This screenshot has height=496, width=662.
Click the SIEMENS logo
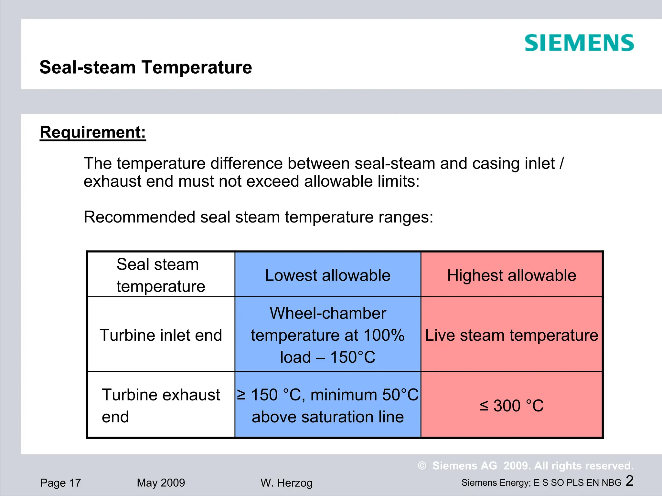[579, 43]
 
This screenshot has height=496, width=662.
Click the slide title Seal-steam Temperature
[145, 67]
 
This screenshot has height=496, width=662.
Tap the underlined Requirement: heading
[93, 132]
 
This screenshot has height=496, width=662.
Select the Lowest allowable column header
[327, 275]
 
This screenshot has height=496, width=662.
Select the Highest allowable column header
[511, 275]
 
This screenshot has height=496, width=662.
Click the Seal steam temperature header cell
[161, 275]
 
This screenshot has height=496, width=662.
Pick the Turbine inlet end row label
[161, 335]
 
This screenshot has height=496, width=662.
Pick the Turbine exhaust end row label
[161, 406]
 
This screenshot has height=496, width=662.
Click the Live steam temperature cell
[511, 335]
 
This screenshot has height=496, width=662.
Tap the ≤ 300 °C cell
[511, 406]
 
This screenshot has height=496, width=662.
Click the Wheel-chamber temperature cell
[327, 335]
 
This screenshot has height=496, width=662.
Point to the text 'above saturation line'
[327, 417]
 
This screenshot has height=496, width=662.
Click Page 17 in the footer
[60, 483]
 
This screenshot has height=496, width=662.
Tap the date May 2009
[161, 483]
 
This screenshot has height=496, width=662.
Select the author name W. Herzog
[286, 483]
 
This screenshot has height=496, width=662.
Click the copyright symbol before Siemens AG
[422, 466]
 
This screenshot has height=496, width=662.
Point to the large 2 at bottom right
[629, 481]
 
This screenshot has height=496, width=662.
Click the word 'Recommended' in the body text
[139, 217]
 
